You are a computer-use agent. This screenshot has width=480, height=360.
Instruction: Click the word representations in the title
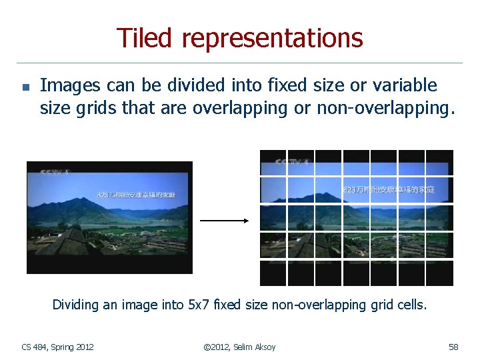click(x=271, y=39)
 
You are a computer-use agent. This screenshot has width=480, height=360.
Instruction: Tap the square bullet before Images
click(x=24, y=87)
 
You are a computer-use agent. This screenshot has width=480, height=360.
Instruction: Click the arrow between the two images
click(x=224, y=221)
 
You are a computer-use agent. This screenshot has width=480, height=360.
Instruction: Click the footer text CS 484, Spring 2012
click(x=57, y=347)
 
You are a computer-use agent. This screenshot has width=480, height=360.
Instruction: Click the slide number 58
click(x=453, y=347)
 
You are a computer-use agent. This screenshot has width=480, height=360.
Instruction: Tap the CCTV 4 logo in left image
click(x=55, y=172)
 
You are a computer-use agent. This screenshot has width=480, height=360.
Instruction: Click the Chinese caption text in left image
click(x=136, y=195)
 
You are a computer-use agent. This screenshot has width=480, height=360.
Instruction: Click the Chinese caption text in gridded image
click(x=389, y=189)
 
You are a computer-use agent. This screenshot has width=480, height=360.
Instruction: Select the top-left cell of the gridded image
click(x=273, y=163)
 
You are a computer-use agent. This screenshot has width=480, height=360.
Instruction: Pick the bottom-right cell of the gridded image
click(x=439, y=273)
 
